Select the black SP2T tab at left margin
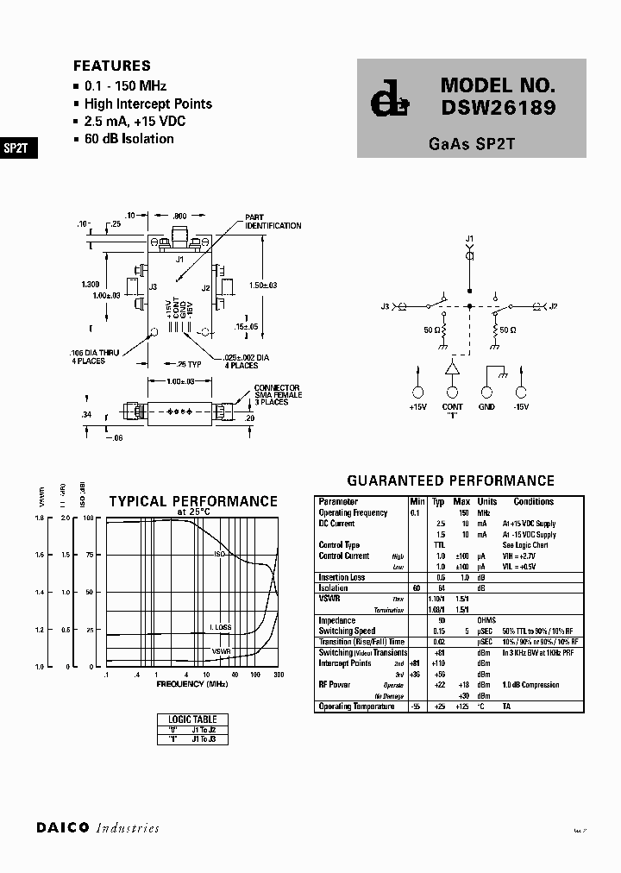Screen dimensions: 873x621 pyautogui.click(x=16, y=148)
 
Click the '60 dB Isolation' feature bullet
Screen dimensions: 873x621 pyautogui.click(x=129, y=139)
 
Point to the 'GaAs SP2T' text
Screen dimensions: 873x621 pyautogui.click(x=471, y=145)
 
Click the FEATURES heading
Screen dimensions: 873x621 pyautogui.click(x=112, y=66)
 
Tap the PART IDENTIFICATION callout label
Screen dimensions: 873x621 pyautogui.click(x=273, y=222)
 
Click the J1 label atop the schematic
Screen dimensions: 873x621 pyautogui.click(x=469, y=237)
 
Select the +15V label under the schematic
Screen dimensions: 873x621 pyautogui.click(x=418, y=407)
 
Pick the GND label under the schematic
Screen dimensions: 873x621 pyautogui.click(x=486, y=407)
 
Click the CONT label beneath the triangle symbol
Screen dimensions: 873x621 pyautogui.click(x=452, y=407)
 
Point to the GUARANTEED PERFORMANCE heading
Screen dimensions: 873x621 pyautogui.click(x=450, y=480)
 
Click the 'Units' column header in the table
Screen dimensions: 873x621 pyautogui.click(x=487, y=501)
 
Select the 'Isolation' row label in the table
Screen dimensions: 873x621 pyautogui.click(x=335, y=587)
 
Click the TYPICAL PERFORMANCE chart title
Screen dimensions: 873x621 pyautogui.click(x=193, y=501)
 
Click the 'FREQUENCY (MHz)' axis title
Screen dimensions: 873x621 pyautogui.click(x=191, y=683)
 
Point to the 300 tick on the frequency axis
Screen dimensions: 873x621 pyautogui.click(x=277, y=675)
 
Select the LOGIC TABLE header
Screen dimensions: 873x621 pyautogui.click(x=193, y=719)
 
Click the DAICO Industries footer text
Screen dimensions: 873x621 pyautogui.click(x=97, y=828)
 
